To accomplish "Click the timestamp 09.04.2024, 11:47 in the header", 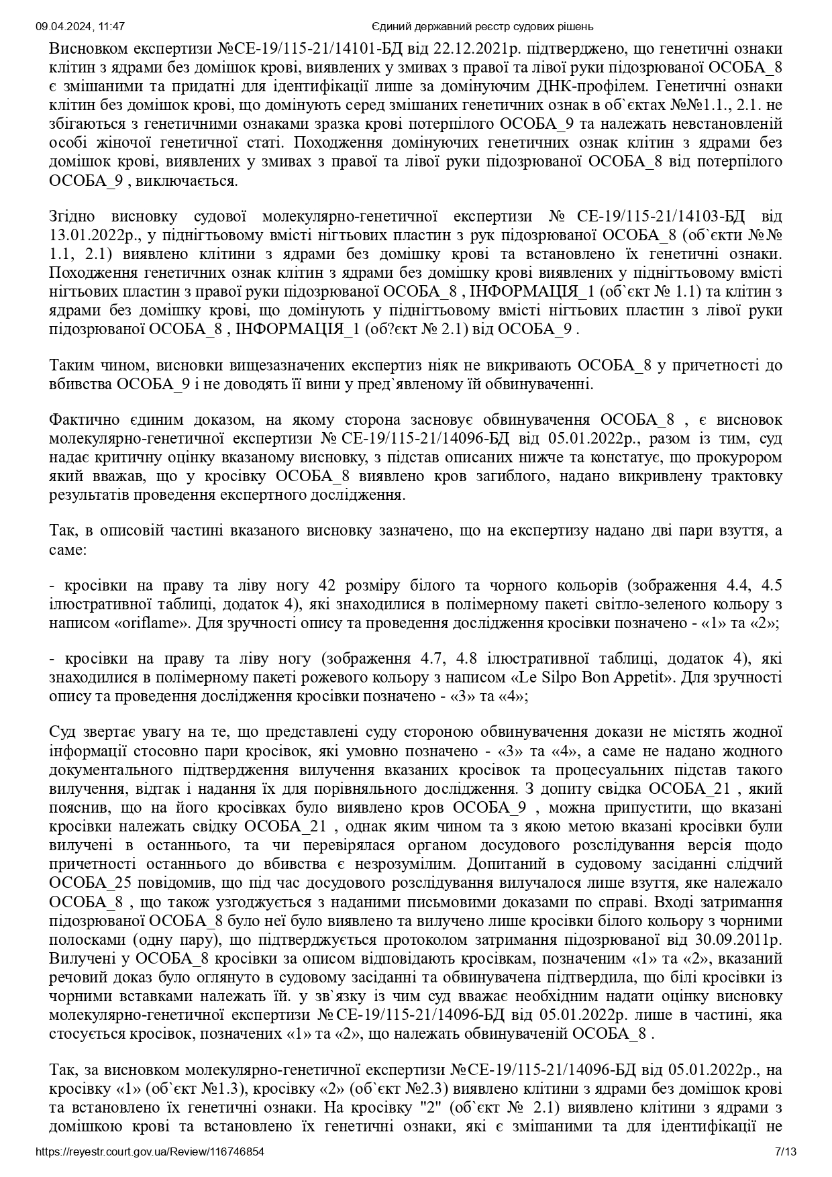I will pos(80,27).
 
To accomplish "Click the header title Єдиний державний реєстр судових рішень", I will pos(482,27).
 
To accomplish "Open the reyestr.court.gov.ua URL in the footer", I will pos(150,1152).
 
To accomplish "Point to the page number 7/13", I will pos(785,1152).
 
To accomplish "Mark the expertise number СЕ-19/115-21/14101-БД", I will pos(316,49).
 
